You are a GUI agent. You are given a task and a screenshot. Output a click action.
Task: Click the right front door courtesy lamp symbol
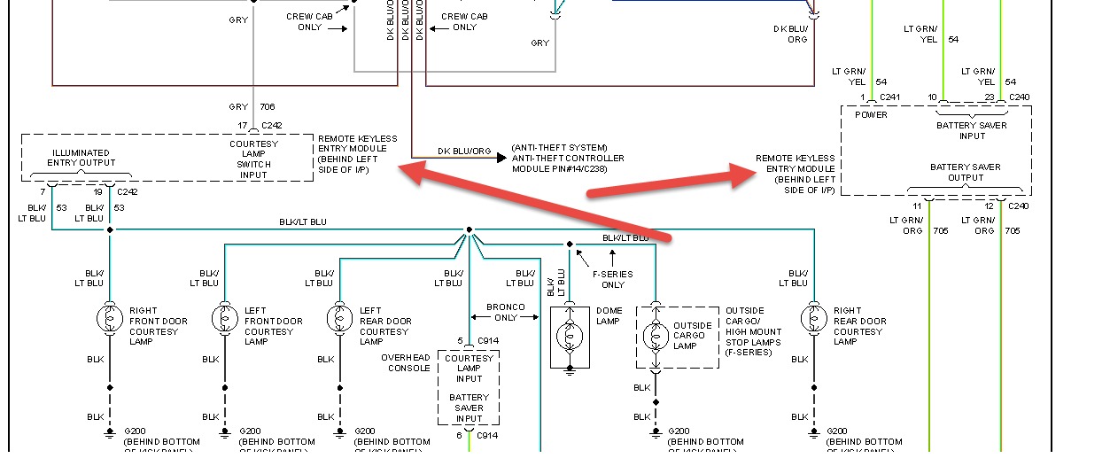(x=110, y=316)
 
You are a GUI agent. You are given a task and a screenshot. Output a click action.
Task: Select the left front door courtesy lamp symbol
(x=225, y=316)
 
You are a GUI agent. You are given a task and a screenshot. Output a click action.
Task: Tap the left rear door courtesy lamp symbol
(x=340, y=316)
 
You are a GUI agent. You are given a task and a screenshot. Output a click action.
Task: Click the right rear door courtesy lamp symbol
(x=814, y=316)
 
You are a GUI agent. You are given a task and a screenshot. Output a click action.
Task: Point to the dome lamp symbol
(x=570, y=336)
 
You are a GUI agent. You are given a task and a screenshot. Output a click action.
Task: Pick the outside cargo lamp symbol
(x=656, y=336)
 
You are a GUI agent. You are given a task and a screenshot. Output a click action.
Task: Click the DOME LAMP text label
(x=609, y=316)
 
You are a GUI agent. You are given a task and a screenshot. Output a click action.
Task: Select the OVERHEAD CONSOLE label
(x=406, y=363)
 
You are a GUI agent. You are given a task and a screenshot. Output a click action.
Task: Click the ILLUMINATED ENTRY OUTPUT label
(x=81, y=158)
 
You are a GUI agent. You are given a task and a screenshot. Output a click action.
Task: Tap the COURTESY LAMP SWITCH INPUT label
(x=253, y=159)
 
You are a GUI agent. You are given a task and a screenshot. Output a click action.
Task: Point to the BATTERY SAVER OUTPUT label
(x=965, y=172)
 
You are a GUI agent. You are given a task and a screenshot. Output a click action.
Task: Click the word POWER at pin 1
(x=871, y=115)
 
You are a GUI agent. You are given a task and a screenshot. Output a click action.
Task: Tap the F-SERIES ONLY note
(x=613, y=279)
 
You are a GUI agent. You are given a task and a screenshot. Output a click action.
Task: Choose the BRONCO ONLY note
(x=506, y=312)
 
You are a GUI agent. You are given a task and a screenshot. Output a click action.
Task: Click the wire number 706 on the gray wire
(x=268, y=107)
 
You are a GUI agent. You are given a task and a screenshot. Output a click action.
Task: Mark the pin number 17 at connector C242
(x=242, y=125)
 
